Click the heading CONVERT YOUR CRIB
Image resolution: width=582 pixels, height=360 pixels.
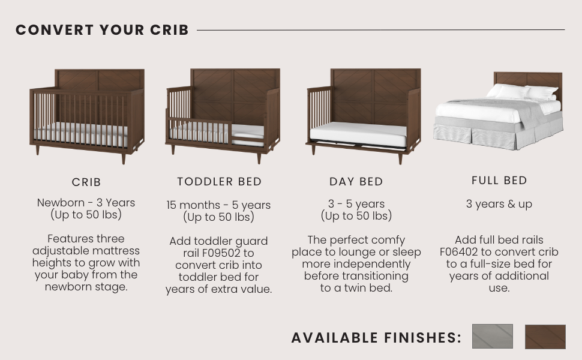click(x=102, y=30)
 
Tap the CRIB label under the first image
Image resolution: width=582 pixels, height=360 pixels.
click(x=86, y=182)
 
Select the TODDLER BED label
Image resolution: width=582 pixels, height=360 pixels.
click(x=220, y=181)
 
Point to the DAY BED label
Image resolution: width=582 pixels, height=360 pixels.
click(x=356, y=181)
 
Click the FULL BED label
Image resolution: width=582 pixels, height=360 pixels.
click(x=499, y=181)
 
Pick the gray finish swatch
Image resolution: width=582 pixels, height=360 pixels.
click(x=493, y=336)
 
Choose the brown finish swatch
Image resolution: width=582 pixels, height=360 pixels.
click(x=545, y=337)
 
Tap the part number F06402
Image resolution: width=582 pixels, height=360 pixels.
click(x=459, y=251)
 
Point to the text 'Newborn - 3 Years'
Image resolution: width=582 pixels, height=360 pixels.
click(x=86, y=203)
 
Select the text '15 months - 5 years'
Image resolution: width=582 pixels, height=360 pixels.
click(x=218, y=205)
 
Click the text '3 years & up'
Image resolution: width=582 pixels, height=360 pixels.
click(x=499, y=204)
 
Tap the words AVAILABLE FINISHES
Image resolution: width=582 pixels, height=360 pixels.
click(x=376, y=338)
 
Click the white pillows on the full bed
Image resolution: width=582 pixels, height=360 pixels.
click(x=522, y=92)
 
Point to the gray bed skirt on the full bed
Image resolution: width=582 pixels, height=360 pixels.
click(x=497, y=134)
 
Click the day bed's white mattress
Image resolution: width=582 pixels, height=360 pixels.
click(x=359, y=134)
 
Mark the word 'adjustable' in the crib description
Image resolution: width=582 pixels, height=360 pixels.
click(x=59, y=251)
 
